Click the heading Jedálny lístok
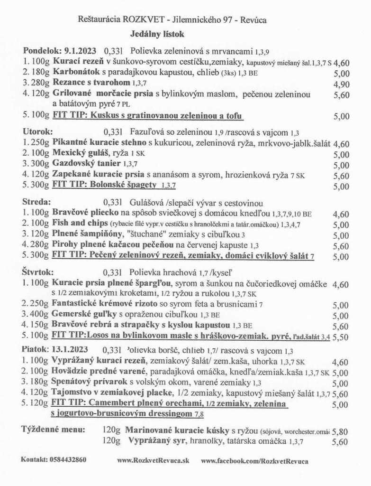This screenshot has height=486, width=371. click(x=157, y=34)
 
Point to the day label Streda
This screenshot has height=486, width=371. click(x=36, y=202)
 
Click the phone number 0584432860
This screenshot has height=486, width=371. click(x=66, y=460)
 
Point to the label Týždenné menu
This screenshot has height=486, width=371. click(x=53, y=430)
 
